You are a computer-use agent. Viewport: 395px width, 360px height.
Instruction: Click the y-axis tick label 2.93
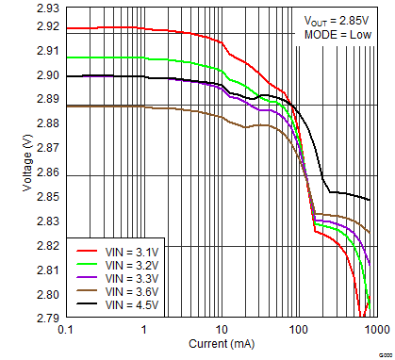coord(49,8)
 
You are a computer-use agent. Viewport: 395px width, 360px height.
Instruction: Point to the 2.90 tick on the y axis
coord(49,75)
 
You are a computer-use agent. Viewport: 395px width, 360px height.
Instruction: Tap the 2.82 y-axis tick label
coord(49,247)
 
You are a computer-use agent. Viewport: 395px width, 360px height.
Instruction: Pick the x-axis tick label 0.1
coord(65,331)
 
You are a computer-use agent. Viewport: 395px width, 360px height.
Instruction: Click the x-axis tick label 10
coord(222,331)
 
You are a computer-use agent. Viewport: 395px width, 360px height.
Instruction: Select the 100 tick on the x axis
coord(299,331)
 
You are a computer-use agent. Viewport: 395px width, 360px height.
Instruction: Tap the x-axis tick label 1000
coord(374,331)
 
